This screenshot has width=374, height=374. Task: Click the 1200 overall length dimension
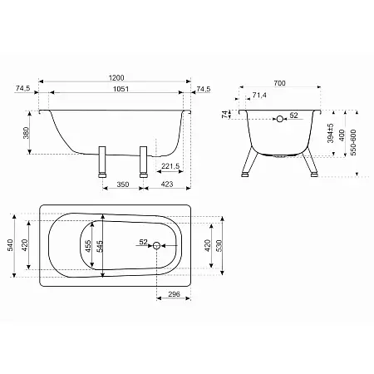tap(116, 78)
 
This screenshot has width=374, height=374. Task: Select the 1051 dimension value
tap(121, 89)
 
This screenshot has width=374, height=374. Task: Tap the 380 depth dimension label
tap(27, 133)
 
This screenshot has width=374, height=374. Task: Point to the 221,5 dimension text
tap(170, 166)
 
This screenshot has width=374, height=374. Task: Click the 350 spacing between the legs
tap(123, 185)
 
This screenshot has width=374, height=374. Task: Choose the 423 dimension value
tap(167, 185)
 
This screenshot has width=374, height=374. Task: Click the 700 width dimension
tap(279, 83)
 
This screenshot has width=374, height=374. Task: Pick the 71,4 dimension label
tap(259, 96)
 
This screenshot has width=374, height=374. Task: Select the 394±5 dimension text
tap(330, 133)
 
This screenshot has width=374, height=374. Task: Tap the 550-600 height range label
tap(353, 142)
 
